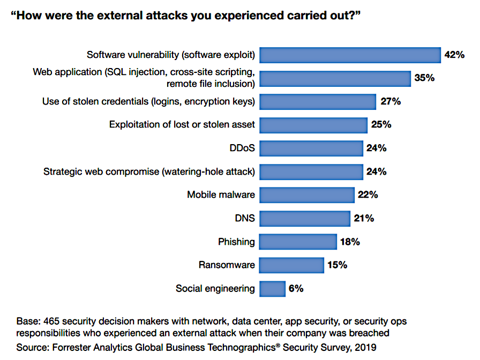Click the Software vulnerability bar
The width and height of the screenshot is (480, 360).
point(350,55)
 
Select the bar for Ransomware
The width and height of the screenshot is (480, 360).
point(291,265)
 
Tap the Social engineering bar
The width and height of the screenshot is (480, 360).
point(272,289)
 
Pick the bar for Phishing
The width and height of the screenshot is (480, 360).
point(298,242)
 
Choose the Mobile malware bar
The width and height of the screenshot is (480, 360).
point(307,195)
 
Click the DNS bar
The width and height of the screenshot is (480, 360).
point(305,219)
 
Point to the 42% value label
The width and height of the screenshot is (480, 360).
point(454,55)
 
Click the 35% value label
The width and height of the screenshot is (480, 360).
point(424,78)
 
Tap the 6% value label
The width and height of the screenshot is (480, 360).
point(296,289)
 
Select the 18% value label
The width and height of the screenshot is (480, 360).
point(349,242)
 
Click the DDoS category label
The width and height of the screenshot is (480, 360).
point(242,148)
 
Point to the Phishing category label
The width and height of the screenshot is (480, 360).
point(236,242)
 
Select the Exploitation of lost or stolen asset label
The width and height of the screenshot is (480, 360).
point(182,125)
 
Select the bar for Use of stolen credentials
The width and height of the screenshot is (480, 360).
point(318,101)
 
